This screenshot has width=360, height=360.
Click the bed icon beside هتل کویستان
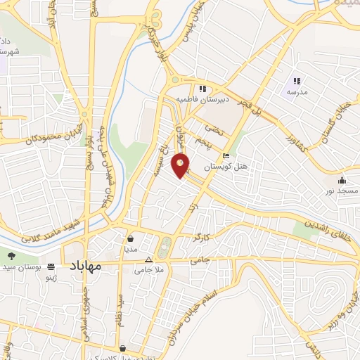click(225, 155)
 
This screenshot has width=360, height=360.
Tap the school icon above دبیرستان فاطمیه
click(202, 89)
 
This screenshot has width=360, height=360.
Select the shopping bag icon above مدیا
click(131, 238)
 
